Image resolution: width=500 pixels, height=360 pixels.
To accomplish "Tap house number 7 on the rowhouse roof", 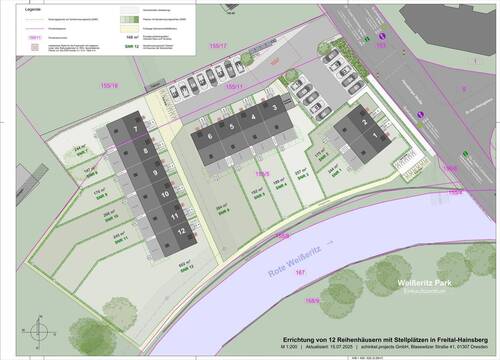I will coord(134,130).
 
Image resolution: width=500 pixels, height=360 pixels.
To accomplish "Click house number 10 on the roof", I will coord(164,192).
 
